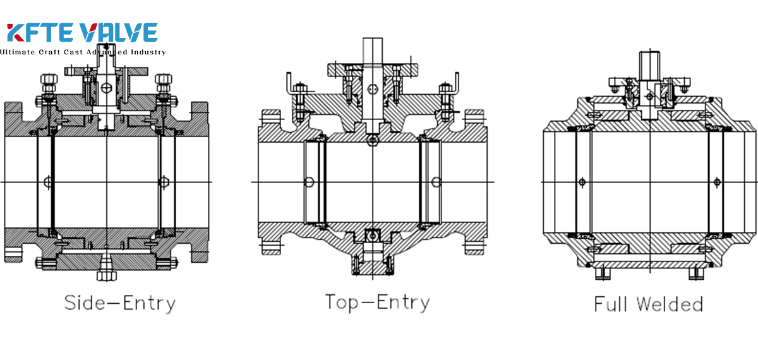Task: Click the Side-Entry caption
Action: click(x=119, y=303)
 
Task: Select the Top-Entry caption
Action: click(x=377, y=302)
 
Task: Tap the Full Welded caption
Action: click(x=648, y=304)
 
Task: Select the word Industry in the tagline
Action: click(x=147, y=52)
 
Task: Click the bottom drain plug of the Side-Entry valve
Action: click(x=105, y=275)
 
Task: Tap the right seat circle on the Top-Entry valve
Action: click(x=436, y=183)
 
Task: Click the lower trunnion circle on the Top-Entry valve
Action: click(x=373, y=235)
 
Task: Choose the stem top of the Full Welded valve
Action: click(x=650, y=64)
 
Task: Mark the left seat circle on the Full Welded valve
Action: click(x=582, y=183)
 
